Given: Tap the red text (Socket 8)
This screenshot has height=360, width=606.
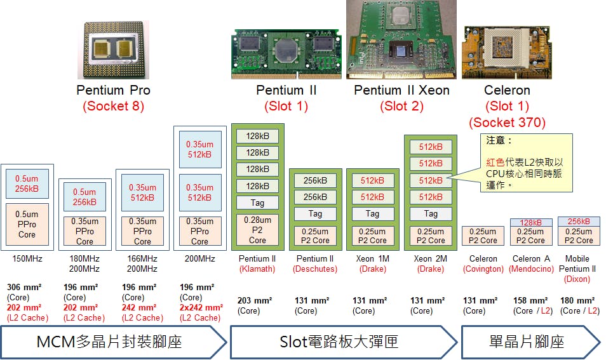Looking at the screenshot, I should [113, 107].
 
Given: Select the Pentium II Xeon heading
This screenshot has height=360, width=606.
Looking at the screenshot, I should [401, 90].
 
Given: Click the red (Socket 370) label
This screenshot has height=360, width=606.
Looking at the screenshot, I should [507, 123].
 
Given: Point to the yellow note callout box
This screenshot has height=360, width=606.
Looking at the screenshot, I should [527, 163].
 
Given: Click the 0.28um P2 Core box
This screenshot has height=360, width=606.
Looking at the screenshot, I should [257, 230].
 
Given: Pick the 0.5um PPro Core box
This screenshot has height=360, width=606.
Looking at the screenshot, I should [27, 224].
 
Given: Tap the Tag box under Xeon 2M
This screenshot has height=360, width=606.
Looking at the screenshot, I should [431, 214].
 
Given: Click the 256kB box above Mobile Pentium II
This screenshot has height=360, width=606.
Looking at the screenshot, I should [579, 222].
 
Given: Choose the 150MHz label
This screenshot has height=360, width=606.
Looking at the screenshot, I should [27, 259].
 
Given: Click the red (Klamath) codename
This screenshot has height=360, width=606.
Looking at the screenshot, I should [257, 269].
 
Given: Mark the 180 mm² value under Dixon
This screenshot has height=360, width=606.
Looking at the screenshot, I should [577, 301].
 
